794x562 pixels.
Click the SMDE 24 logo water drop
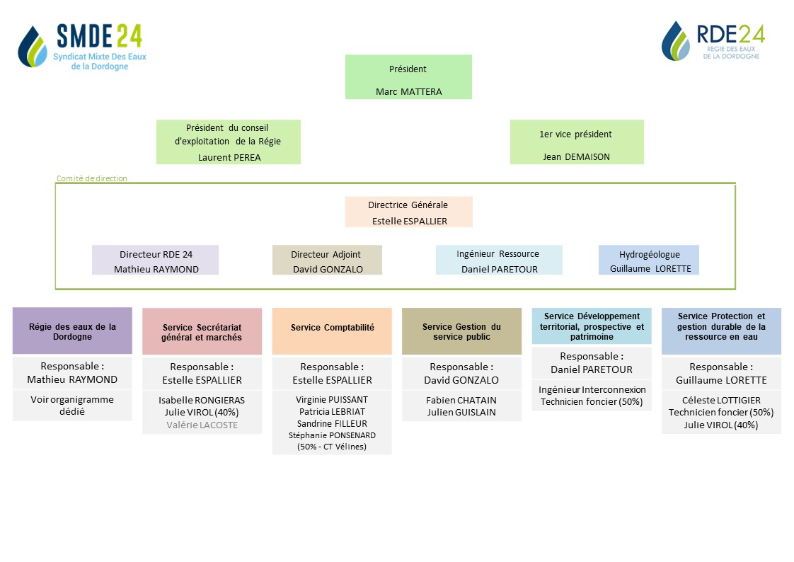(32, 47)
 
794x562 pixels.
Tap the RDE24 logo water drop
(676, 41)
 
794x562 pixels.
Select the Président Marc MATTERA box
(408, 77)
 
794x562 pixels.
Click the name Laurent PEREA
(229, 157)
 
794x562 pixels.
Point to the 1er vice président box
(577, 142)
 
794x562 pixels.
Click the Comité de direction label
(92, 178)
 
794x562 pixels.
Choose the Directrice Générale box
(408, 212)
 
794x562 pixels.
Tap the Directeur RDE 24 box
(156, 260)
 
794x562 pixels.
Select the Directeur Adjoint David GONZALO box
(327, 260)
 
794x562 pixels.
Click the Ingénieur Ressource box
(499, 260)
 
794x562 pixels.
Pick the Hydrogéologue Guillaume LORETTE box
(649, 260)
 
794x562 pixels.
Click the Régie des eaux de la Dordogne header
(72, 331)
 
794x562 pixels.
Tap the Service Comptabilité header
(332, 331)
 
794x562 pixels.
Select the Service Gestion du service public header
(462, 331)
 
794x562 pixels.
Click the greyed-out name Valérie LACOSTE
(202, 425)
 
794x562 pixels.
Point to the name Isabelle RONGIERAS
(202, 401)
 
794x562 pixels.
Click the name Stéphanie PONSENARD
(332, 435)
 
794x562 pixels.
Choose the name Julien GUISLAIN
(461, 412)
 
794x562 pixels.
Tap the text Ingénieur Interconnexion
(592, 390)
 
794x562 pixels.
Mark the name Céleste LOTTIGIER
(721, 401)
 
